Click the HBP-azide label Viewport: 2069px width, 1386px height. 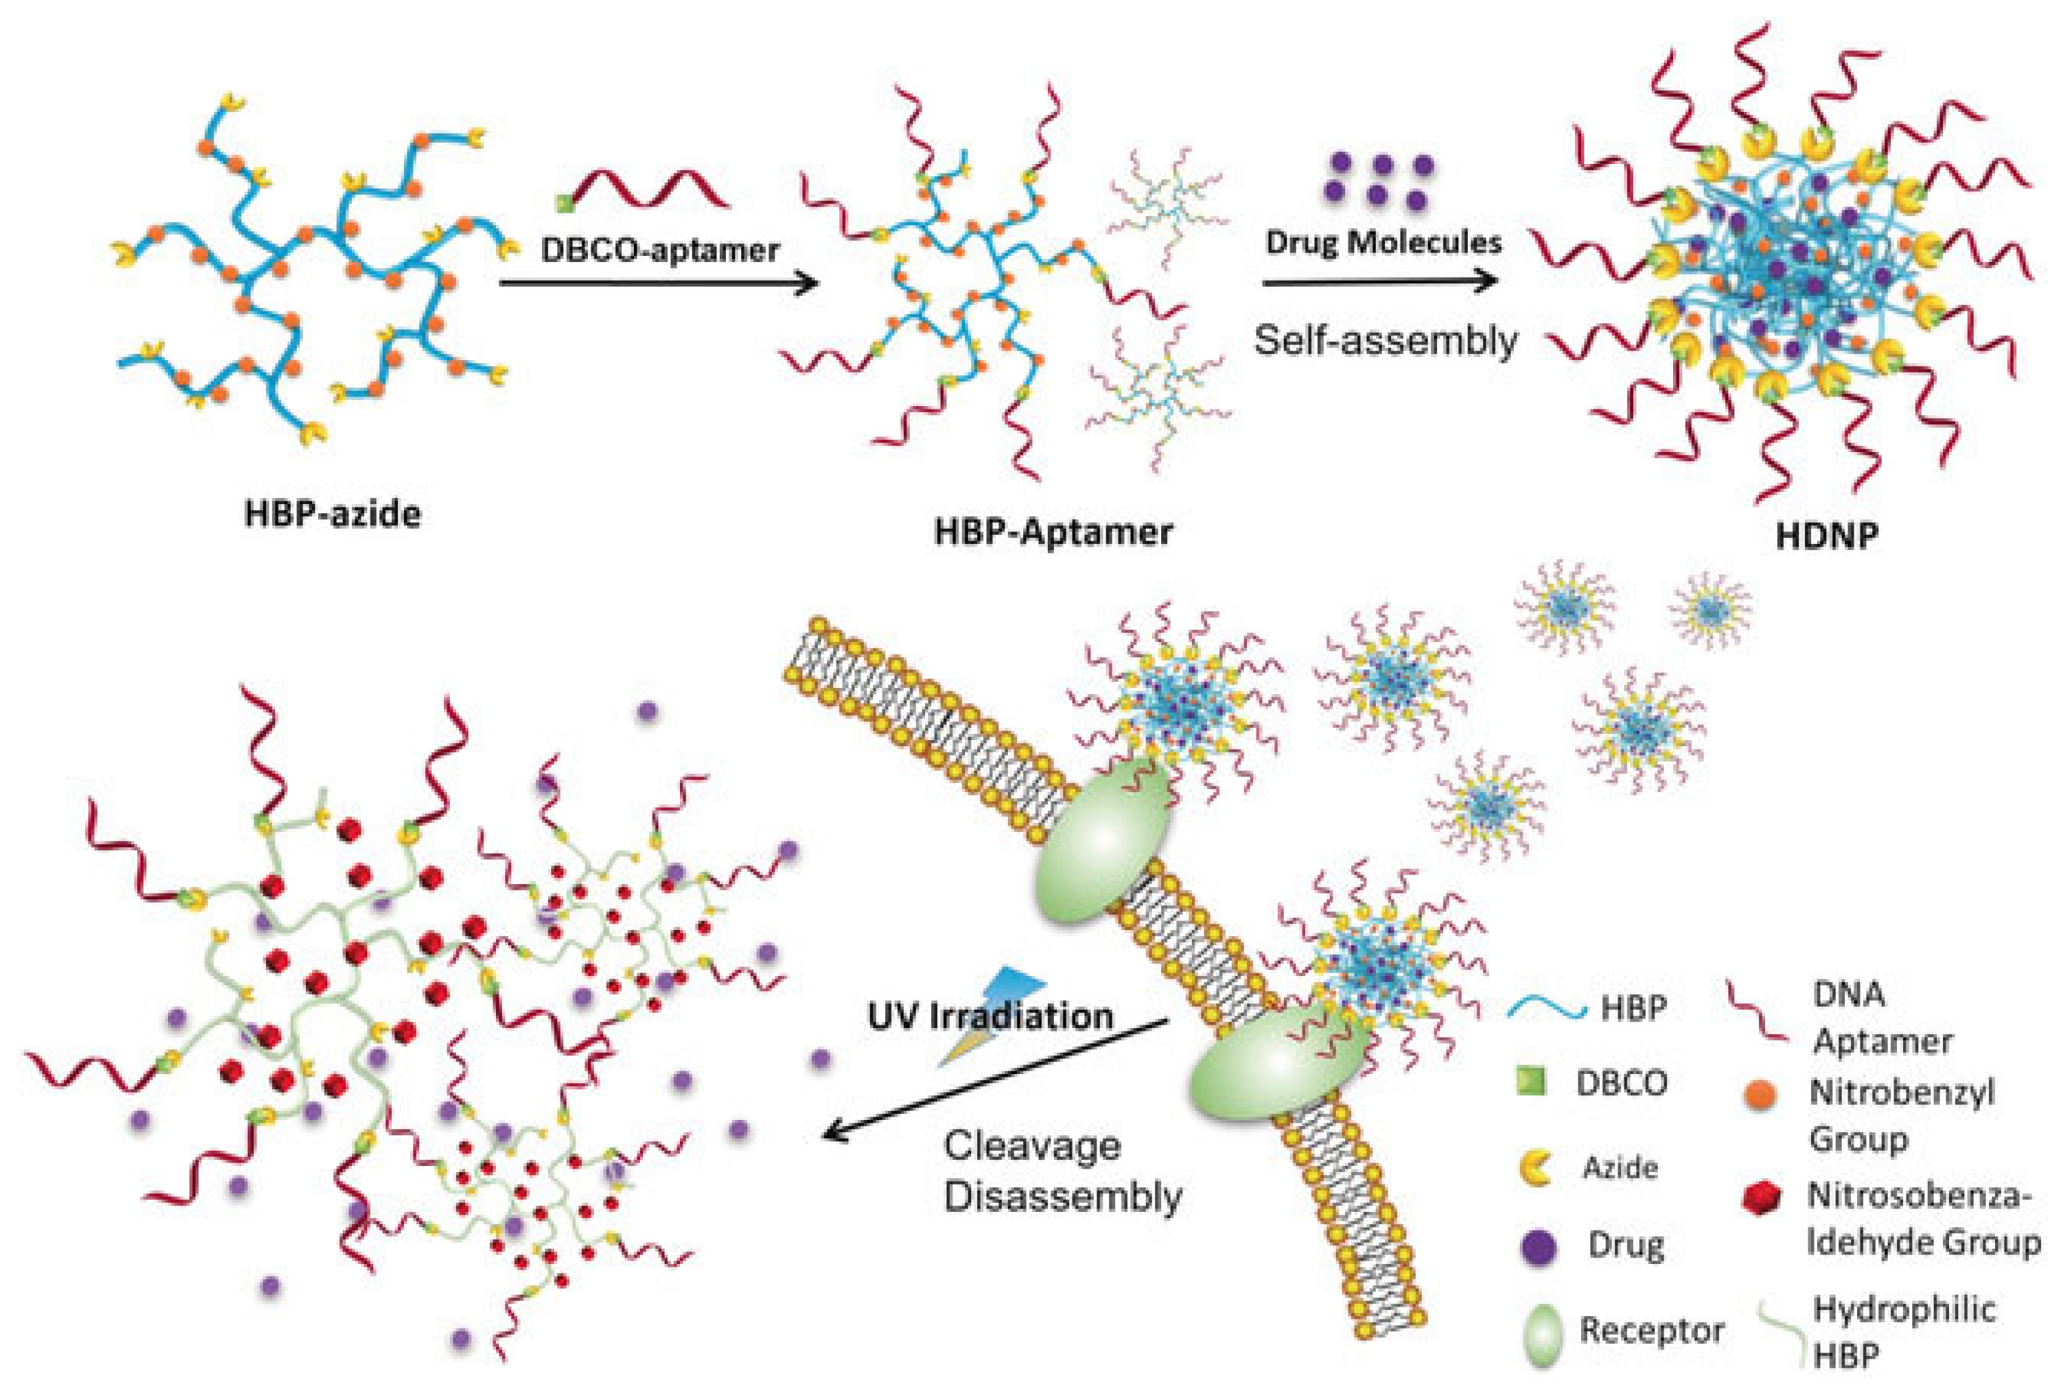tap(333, 513)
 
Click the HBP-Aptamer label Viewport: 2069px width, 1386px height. tap(1054, 532)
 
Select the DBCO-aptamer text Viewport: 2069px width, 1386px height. tap(659, 250)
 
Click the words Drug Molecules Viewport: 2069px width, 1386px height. tap(1383, 242)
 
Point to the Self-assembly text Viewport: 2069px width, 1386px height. tap(1385, 339)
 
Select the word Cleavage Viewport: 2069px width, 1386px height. tap(1033, 1147)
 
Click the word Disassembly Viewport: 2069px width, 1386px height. tap(1063, 1197)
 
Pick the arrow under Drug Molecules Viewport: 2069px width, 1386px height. tap(1380, 282)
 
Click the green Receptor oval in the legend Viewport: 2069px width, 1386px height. tap(1538, 1330)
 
